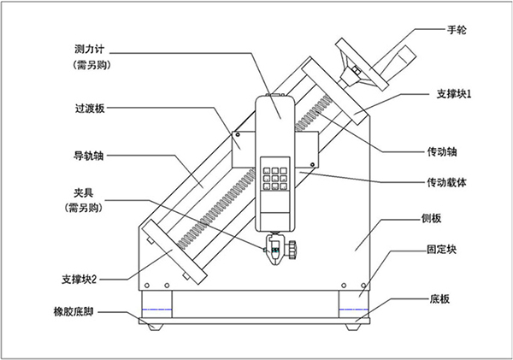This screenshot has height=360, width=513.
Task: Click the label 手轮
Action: [457, 30]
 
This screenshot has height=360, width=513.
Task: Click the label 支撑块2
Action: [84, 280]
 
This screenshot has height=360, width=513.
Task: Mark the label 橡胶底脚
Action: [77, 313]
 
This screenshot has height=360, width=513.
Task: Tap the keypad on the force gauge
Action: [274, 174]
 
